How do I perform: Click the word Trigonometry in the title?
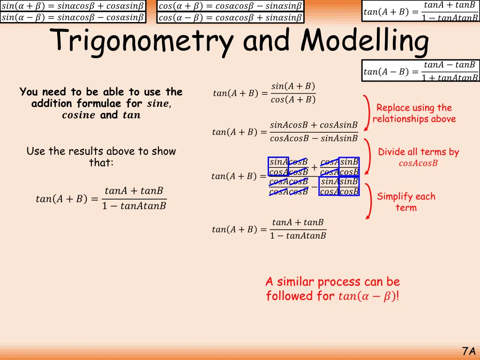[143, 41]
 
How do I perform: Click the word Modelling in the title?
[365, 41]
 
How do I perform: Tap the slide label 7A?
[468, 351]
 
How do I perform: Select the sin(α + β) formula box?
[73, 6]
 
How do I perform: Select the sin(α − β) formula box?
[73, 18]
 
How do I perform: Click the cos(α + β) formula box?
[230, 6]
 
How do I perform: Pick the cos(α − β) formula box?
[230, 18]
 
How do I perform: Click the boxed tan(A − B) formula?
[420, 71]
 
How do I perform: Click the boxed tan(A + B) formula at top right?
[420, 12]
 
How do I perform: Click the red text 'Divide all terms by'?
[419, 152]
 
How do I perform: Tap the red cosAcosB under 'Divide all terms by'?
[418, 164]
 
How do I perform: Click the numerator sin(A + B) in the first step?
[293, 86]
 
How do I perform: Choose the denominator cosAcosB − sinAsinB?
[314, 138]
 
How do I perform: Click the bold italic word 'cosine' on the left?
[79, 115]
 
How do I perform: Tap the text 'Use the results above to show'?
[101, 151]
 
